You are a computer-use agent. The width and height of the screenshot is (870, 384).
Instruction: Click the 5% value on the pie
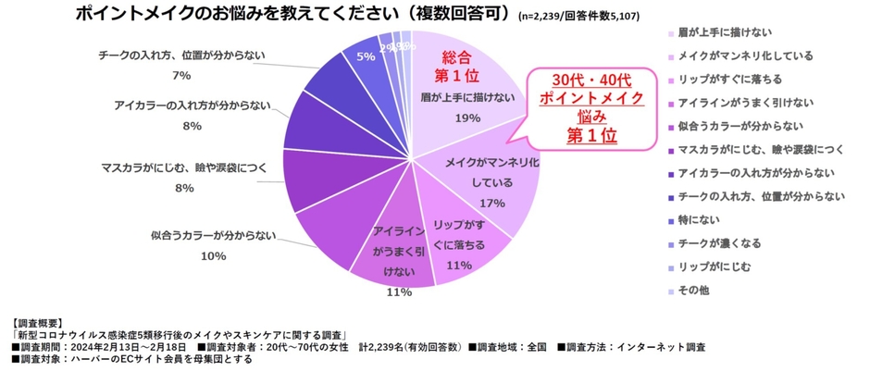[x=366, y=56]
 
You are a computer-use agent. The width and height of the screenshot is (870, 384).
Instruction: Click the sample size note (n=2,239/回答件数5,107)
[x=578, y=17]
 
